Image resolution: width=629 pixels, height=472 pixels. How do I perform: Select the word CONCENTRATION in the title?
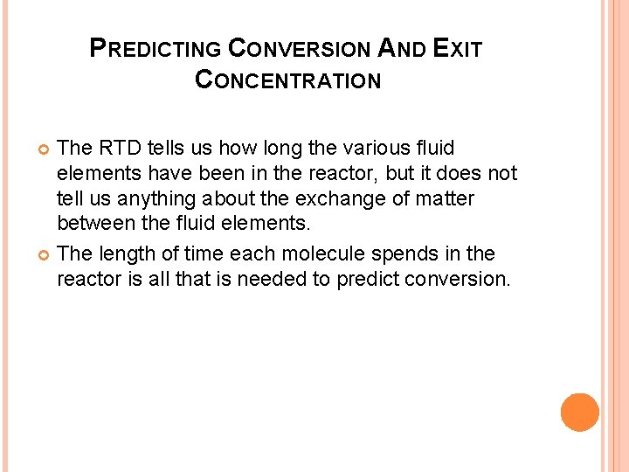[x=288, y=80]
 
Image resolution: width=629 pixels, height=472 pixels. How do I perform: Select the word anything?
[x=162, y=199]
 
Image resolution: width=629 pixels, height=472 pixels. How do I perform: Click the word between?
[x=95, y=225]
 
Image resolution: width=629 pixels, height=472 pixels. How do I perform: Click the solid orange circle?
[x=579, y=412]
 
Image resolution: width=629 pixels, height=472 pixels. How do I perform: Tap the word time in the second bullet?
[x=204, y=254]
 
